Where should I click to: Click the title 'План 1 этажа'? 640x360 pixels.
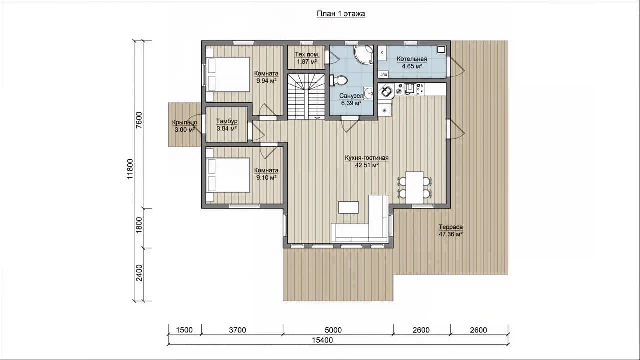[341, 14]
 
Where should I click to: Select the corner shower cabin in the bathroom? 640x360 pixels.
[363, 55]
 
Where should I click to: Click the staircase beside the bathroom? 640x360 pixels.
[306, 96]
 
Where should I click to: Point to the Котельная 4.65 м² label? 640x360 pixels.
[412, 63]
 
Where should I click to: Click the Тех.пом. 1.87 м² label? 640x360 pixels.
[307, 58]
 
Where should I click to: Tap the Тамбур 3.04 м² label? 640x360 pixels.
[227, 125]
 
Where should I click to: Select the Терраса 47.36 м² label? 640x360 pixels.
[451, 231]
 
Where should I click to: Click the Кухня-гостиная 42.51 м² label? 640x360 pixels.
[367, 161]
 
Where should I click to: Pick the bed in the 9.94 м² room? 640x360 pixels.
[228, 74]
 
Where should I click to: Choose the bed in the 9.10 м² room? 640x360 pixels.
[228, 175]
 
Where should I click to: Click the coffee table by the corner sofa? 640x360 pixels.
[348, 207]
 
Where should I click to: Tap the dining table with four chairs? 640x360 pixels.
[414, 187]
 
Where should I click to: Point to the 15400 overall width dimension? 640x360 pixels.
[322, 340]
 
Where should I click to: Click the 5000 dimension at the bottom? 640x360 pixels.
[333, 330]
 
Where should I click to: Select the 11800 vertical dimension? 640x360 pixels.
[130, 169]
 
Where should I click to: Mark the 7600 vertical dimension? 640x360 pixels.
[139, 120]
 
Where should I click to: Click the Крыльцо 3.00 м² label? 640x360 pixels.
[185, 126]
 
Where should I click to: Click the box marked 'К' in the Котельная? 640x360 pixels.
[382, 53]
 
